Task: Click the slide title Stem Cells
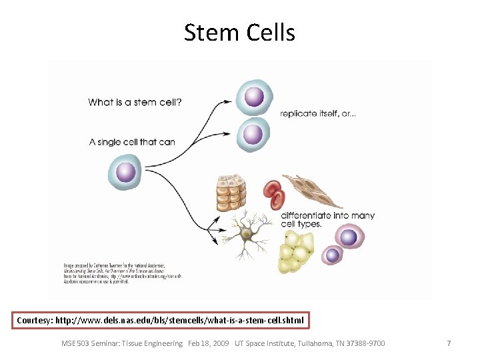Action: [239, 32]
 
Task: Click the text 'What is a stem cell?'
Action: [135, 103]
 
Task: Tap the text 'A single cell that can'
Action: [132, 142]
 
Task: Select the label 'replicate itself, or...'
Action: [317, 113]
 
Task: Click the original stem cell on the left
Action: [125, 173]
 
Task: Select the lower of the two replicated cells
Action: [253, 135]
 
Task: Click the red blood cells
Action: [273, 194]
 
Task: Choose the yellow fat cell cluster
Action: [295, 253]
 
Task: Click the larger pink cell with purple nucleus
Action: [349, 237]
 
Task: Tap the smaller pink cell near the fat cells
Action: [332, 255]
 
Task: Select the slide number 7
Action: [449, 343]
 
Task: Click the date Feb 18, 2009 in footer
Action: [208, 343]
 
